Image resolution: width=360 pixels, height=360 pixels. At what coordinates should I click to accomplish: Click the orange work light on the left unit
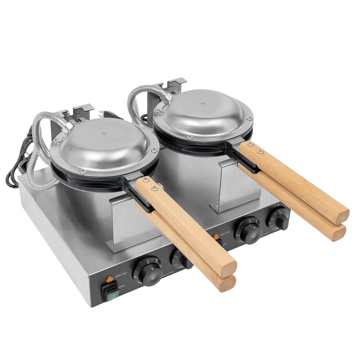click(x=108, y=279)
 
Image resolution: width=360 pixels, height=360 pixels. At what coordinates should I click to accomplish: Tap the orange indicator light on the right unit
click(x=216, y=237)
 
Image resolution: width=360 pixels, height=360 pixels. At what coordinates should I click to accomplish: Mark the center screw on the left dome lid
click(x=104, y=133)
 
